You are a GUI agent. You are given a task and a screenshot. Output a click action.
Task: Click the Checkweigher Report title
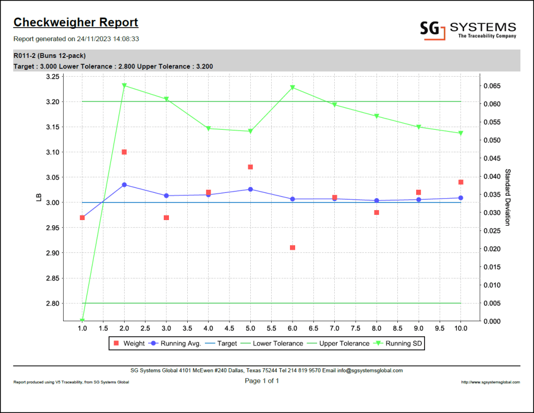pyautogui.click(x=76, y=22)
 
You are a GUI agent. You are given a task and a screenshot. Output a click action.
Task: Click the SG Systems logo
pyautogui.click(x=468, y=30)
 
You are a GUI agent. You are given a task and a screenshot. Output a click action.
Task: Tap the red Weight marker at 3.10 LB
pyautogui.click(x=124, y=152)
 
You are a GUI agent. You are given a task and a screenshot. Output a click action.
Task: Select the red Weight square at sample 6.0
pyautogui.click(x=293, y=248)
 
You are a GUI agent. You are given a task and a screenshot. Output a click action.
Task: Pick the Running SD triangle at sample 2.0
pyautogui.click(x=124, y=86)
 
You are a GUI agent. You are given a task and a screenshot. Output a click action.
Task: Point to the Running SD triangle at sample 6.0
pyautogui.click(x=293, y=88)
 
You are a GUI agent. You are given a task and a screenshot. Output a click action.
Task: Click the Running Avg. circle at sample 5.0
pyautogui.click(x=250, y=189)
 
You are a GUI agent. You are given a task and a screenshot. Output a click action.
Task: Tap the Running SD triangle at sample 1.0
pyautogui.click(x=82, y=320)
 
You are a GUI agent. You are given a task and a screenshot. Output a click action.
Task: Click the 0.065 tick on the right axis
pyautogui.click(x=492, y=86)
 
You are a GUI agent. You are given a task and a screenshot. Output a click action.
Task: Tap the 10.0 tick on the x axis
pyautogui.click(x=460, y=329)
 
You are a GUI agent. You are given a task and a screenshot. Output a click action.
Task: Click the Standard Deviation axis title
pyautogui.click(x=507, y=197)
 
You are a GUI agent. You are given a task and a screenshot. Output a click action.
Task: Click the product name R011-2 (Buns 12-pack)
pyautogui.click(x=50, y=56)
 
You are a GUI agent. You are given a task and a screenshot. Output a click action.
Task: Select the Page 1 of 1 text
pyautogui.click(x=262, y=381)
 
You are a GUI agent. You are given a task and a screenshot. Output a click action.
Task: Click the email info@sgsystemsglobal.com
pyautogui.click(x=369, y=371)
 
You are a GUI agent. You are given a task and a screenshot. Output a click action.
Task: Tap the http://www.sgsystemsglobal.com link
pyautogui.click(x=490, y=382)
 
